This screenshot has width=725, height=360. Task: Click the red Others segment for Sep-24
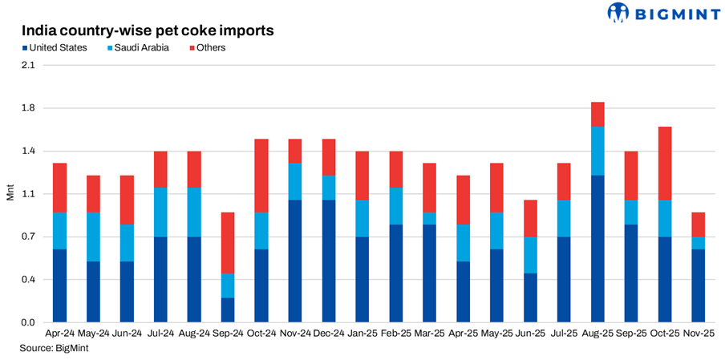pos(228,243)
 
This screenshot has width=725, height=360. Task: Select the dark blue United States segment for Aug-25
pos(597,249)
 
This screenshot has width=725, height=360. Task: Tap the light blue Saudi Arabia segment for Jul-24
pos(160,212)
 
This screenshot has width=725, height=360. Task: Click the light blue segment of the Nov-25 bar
pos(698,243)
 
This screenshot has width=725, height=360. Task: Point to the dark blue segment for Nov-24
pos(295,261)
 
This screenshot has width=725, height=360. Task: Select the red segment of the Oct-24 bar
pos(261,176)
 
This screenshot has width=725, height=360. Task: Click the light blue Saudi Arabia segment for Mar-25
pos(430,218)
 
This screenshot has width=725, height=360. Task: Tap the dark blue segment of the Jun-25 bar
pos(530,297)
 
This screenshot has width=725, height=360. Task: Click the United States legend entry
pos(54,48)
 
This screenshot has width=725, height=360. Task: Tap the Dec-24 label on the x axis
pos(329,333)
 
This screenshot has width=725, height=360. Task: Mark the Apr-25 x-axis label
pos(464,333)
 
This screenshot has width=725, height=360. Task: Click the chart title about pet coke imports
pos(148,30)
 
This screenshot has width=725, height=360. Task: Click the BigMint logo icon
pos(618,14)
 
